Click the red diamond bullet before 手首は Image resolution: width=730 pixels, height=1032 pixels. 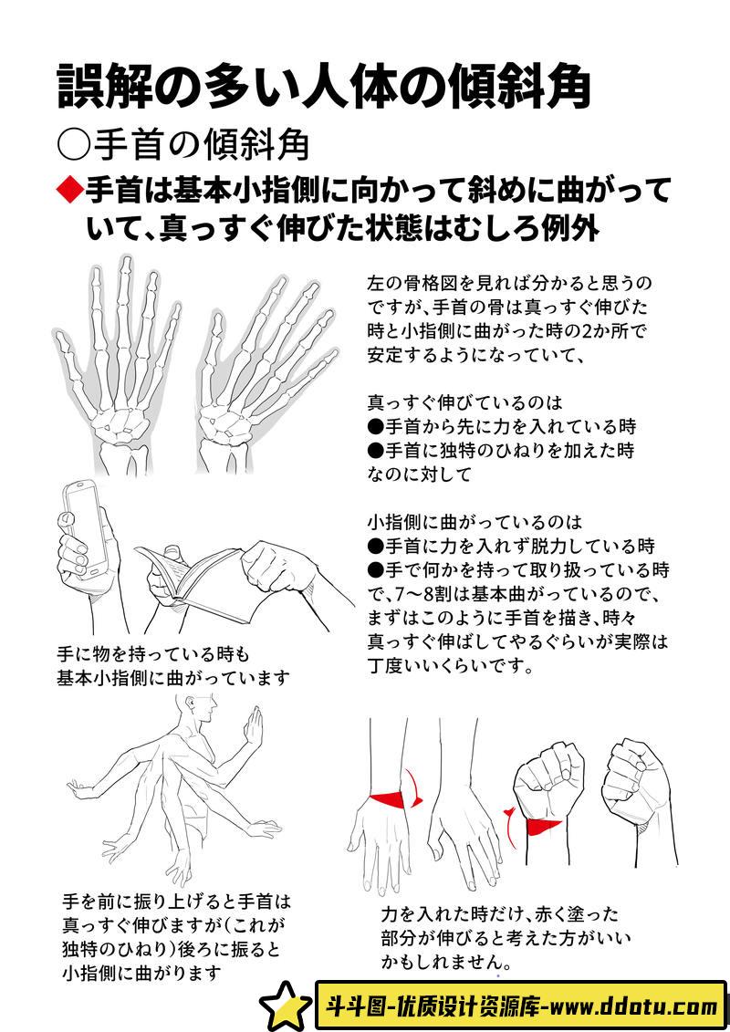(x=69, y=191)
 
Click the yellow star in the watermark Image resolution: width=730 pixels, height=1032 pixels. (x=286, y=1006)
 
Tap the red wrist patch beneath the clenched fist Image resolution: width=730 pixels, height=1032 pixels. (x=543, y=826)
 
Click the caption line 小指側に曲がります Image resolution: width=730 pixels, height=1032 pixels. (x=141, y=972)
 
